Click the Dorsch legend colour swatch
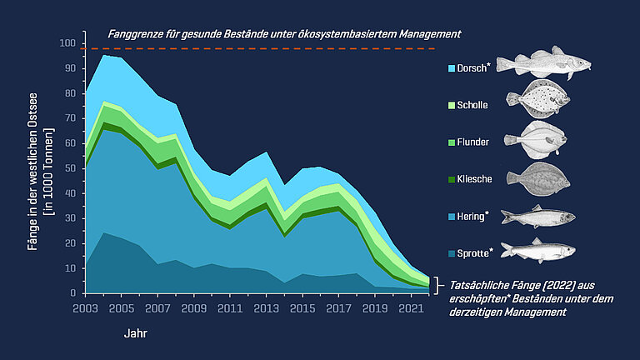click(452, 68)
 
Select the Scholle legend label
click(473, 105)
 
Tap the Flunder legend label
click(473, 142)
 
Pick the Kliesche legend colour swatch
click(452, 178)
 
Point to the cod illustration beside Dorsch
click(543, 63)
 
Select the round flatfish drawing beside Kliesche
click(538, 177)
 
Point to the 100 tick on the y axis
click(67, 42)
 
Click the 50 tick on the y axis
click(70, 168)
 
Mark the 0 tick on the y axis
click(72, 293)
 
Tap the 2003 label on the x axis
click(86, 307)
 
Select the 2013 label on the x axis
click(265, 307)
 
